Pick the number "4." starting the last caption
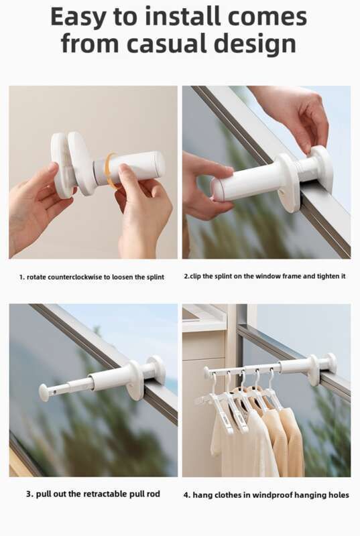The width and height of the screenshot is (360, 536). click(x=187, y=495)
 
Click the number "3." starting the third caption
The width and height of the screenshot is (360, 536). click(x=29, y=494)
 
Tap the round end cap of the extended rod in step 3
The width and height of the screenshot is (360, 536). click(x=45, y=392)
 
